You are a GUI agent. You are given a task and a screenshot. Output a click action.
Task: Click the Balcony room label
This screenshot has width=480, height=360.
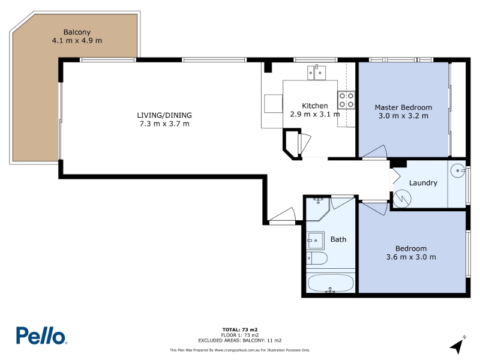77,32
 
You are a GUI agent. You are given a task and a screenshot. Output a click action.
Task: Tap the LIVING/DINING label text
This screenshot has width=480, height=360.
164,115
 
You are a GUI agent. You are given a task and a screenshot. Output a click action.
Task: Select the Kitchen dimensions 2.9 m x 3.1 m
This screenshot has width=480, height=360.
315,114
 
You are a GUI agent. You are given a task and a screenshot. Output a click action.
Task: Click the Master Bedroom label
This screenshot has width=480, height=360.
403,107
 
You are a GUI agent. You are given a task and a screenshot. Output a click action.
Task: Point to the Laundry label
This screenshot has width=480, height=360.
423,183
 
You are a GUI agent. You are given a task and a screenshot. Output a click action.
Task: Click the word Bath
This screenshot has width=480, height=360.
338,239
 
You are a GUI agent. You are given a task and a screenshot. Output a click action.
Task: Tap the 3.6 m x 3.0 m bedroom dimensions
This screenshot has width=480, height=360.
411,257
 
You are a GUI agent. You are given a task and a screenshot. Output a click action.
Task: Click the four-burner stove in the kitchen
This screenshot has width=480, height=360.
346,100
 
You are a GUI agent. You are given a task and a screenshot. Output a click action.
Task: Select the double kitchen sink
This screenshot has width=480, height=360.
317,73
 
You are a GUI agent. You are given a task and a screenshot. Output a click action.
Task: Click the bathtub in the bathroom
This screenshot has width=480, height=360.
331,283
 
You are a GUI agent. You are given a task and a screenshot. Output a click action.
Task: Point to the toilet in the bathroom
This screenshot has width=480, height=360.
317,259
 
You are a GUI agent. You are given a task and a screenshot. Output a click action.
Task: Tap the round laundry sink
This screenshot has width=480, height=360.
458,170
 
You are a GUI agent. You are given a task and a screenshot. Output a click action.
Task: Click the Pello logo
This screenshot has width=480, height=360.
41,336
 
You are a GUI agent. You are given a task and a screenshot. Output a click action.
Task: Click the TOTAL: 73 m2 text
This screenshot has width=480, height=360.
240,329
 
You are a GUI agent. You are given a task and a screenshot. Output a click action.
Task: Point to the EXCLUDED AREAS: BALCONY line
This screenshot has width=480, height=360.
239,340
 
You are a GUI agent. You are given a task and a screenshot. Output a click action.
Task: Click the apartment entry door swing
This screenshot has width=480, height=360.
283,214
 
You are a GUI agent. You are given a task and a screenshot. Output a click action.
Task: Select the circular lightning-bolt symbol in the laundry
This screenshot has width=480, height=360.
402,199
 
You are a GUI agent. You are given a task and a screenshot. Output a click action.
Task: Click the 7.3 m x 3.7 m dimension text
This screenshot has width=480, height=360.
164,124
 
